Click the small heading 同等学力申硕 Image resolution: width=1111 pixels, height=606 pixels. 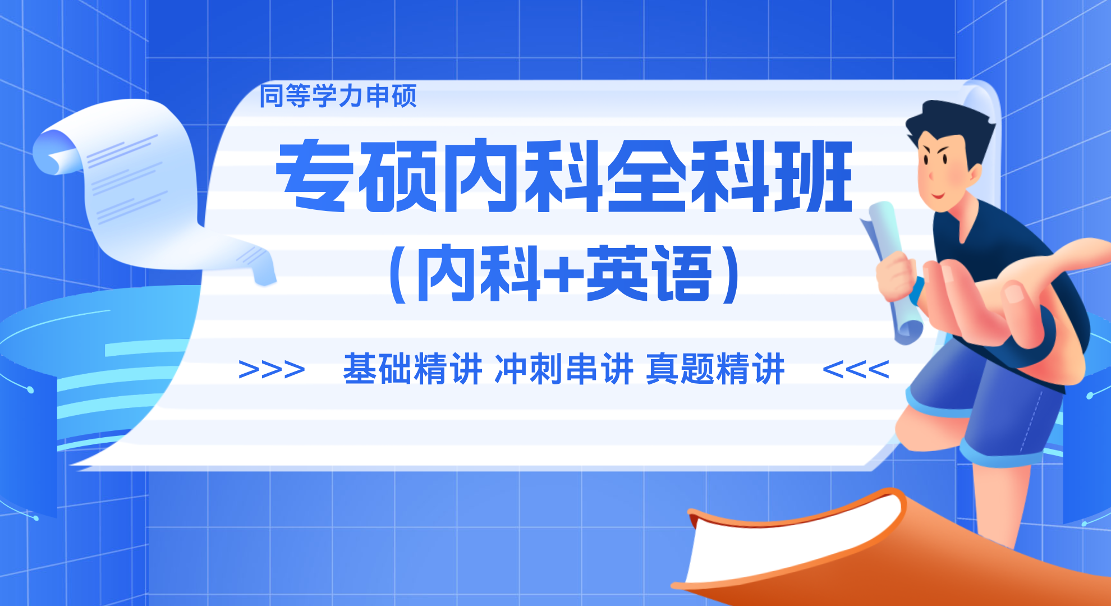point(338,96)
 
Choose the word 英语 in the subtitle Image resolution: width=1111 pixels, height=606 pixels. point(649,273)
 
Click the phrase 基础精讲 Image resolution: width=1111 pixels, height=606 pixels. point(412,369)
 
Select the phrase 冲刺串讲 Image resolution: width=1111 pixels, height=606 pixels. point(564,369)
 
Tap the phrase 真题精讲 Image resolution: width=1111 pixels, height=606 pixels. point(715,369)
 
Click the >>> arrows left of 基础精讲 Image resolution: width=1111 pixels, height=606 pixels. point(272,370)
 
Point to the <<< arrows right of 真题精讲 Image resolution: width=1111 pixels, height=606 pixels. point(856,370)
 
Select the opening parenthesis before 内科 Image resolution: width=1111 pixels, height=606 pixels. point(398,274)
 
